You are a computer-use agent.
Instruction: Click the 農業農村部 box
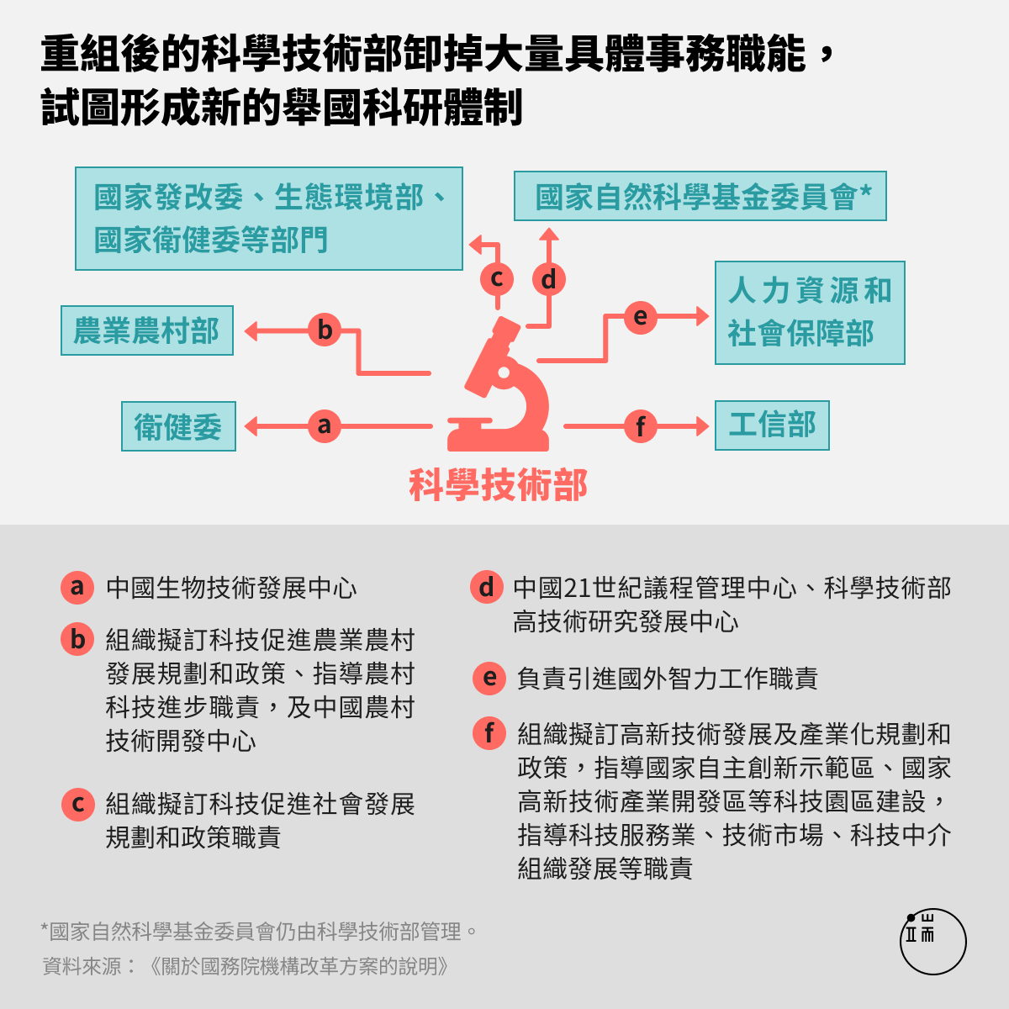147,330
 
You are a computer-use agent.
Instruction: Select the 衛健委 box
178,426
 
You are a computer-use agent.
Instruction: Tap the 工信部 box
772,425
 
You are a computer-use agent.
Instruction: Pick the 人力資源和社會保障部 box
810,313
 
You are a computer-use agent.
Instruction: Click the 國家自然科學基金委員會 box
700,196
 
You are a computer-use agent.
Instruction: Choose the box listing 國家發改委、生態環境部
269,219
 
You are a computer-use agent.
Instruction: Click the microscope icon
499,384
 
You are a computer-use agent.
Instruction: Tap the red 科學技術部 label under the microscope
498,485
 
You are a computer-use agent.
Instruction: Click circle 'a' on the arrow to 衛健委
325,425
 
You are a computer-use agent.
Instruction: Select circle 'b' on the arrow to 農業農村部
325,330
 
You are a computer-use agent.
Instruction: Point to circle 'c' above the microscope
497,279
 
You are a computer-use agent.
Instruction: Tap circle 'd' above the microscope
549,279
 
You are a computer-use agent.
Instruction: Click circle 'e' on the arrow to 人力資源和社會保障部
641,317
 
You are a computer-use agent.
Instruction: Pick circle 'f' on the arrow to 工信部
641,426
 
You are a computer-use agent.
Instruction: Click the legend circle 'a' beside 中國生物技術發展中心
77,588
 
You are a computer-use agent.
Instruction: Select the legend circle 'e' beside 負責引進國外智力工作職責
489,678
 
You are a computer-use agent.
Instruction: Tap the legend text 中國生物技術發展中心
231,588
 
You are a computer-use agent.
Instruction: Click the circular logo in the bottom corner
933,942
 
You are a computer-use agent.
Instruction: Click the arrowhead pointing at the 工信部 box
703,426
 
